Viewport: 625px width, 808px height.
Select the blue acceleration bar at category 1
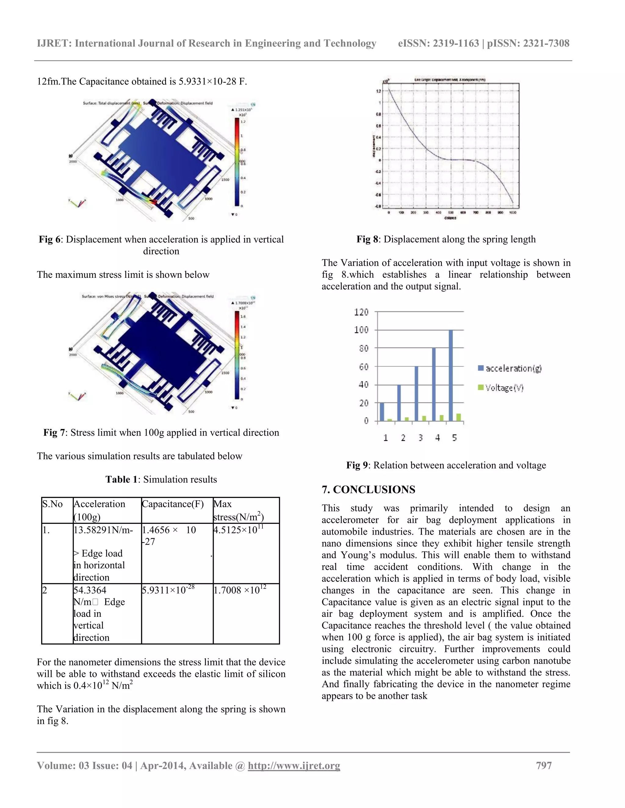pos(382,411)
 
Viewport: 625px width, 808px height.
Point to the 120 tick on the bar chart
pos(361,312)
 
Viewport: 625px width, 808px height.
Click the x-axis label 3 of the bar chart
pos(420,438)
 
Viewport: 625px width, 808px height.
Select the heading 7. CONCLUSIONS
pos(368,489)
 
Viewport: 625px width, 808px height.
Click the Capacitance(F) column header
pos(172,504)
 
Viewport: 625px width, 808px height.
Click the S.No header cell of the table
pos(52,504)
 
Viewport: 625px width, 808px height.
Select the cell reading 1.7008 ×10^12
pos(240,590)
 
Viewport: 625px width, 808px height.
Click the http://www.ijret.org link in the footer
pos(294,765)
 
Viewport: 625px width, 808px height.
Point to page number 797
pos(544,765)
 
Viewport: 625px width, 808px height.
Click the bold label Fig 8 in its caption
pos(367,239)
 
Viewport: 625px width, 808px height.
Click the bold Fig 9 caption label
pos(356,465)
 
